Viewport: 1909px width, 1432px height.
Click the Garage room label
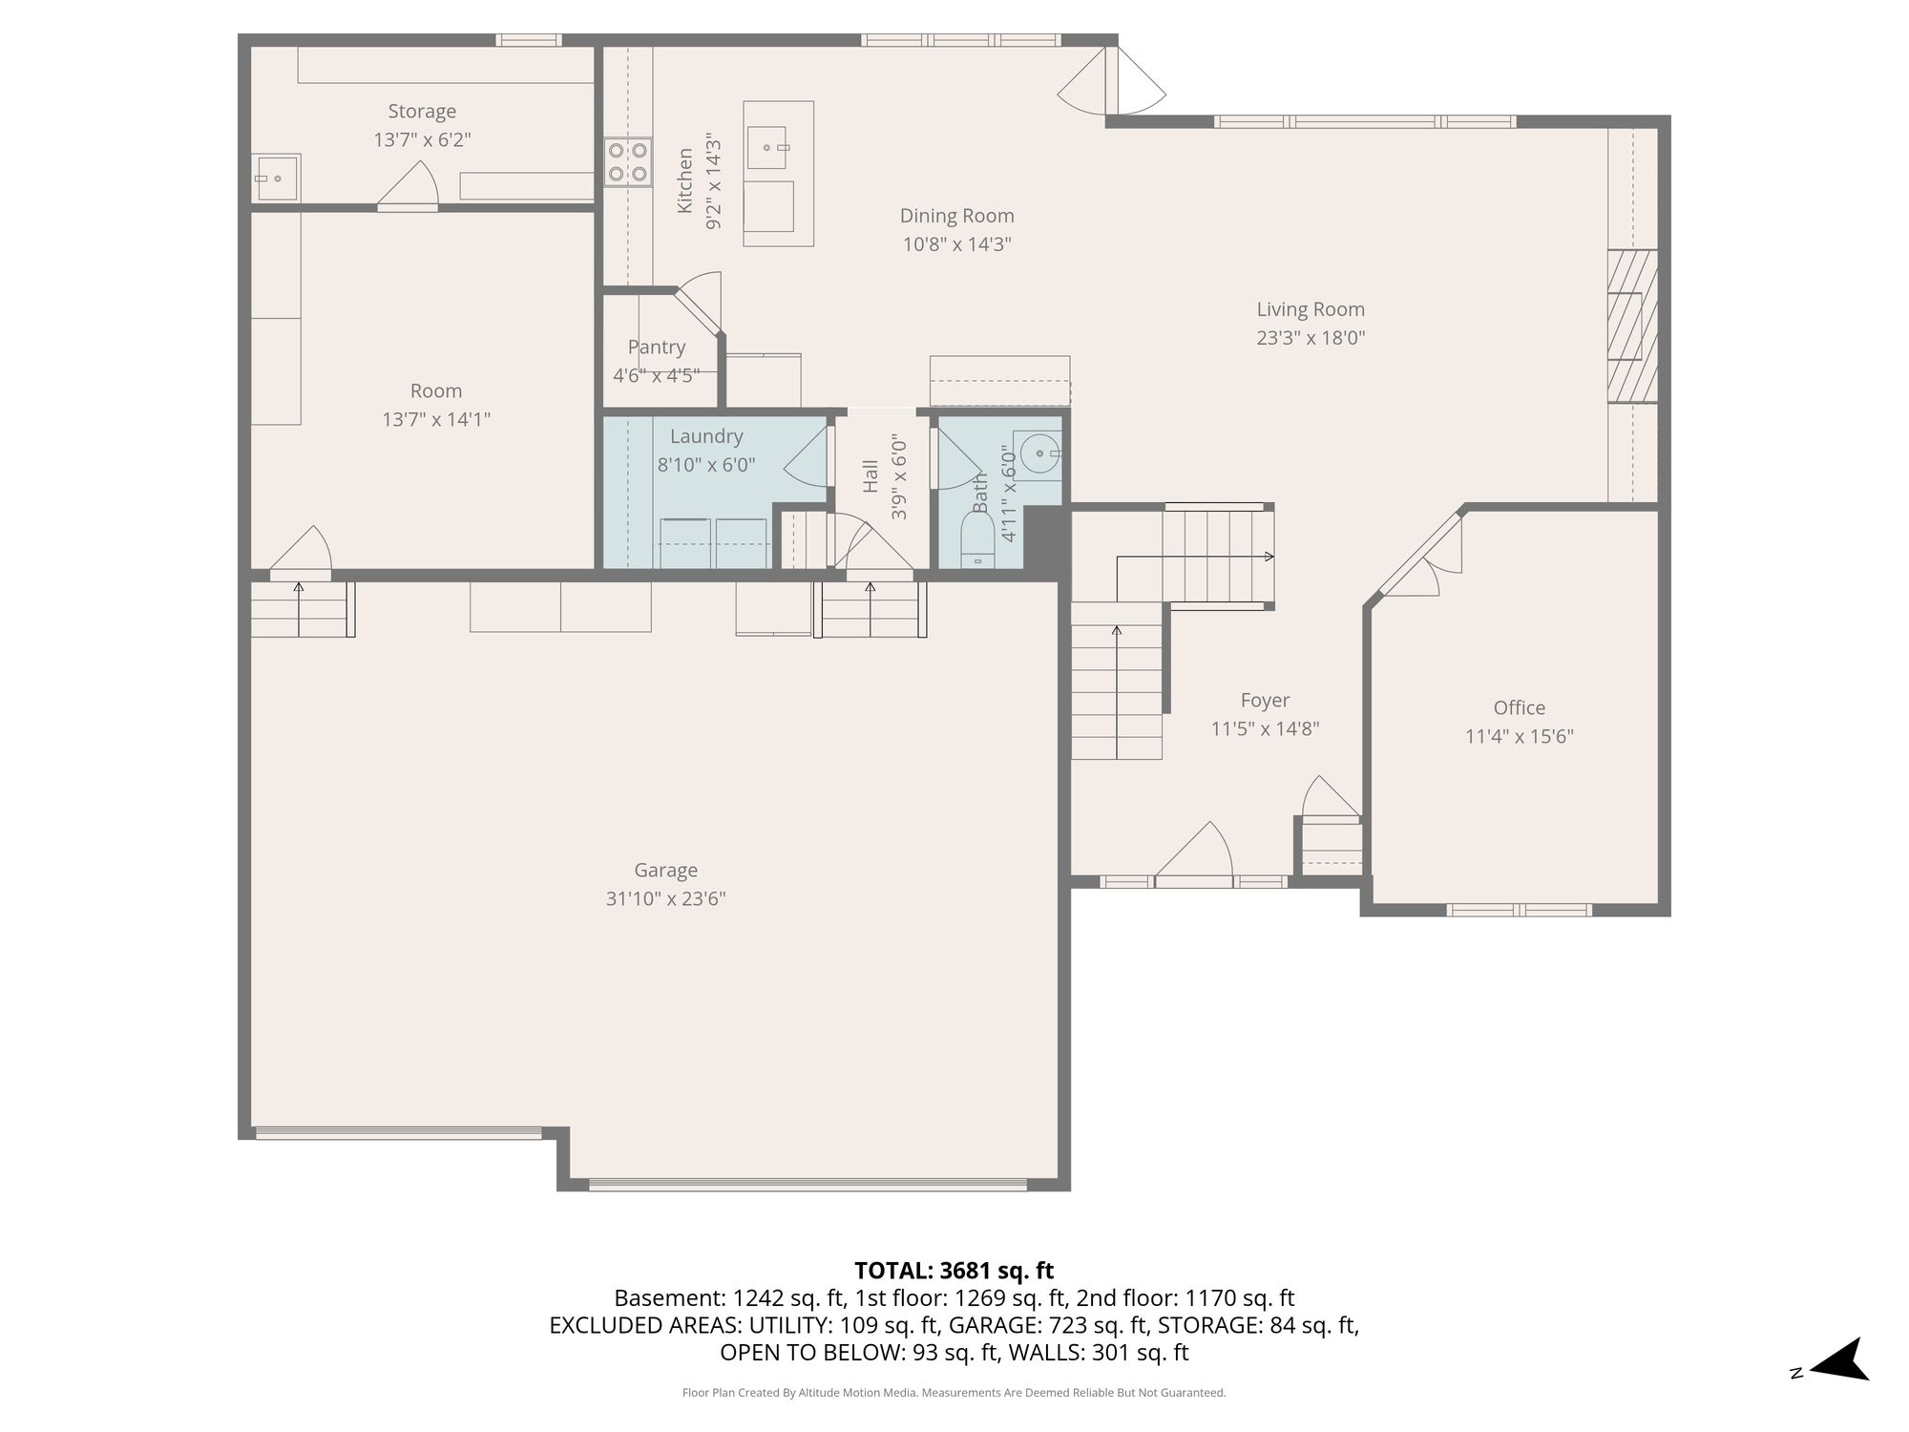coord(665,870)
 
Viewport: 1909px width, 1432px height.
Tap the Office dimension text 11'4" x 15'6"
coord(1519,736)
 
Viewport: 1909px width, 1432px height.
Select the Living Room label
coord(1311,309)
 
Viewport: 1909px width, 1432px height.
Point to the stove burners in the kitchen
coord(628,161)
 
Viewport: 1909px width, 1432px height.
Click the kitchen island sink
coord(766,147)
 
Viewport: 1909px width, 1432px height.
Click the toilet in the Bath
coord(977,540)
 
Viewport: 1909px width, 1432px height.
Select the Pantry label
coord(657,347)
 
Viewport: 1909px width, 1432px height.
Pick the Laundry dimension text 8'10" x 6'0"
coord(706,465)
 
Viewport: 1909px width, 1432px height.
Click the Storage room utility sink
coord(276,178)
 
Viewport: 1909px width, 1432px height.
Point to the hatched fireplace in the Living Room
coord(1632,326)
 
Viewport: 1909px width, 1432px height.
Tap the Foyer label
coord(1265,701)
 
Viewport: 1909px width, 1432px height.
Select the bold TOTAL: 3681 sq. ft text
coord(954,1271)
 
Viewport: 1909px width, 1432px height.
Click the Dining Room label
coord(956,216)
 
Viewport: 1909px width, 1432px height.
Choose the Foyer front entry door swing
coord(1194,850)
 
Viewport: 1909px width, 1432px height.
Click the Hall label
coord(870,476)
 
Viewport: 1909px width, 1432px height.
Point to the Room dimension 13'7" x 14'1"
coord(436,419)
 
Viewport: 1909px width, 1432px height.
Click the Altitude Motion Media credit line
coord(954,1393)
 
